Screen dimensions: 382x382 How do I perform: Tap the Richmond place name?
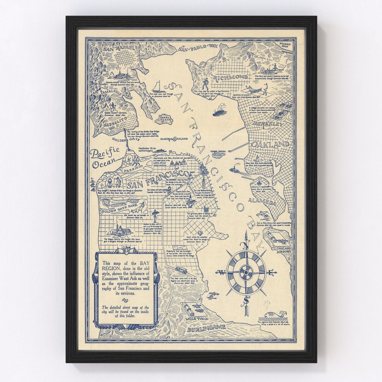tap(229, 77)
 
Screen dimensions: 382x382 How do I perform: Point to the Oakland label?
tap(270, 144)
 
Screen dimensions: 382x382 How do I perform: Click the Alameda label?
tap(262, 202)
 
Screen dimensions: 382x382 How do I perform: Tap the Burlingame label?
tap(207, 328)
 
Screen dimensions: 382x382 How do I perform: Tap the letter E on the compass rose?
tap(271, 272)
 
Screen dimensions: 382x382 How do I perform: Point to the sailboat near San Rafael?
tap(158, 87)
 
